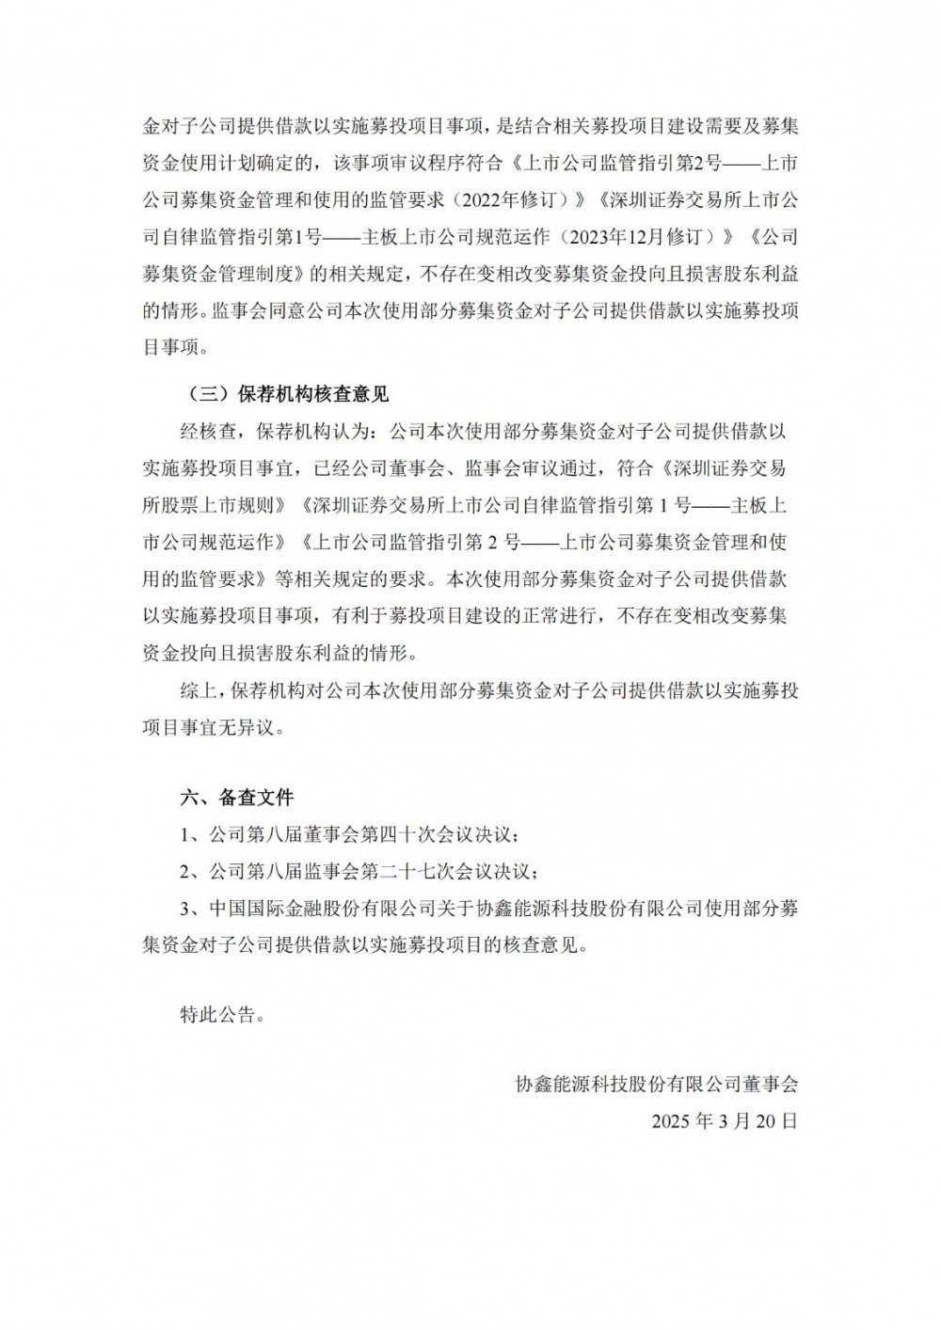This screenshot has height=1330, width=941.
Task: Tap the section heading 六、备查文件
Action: (x=237, y=798)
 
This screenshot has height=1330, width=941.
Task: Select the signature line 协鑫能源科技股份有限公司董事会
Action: (x=657, y=1085)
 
